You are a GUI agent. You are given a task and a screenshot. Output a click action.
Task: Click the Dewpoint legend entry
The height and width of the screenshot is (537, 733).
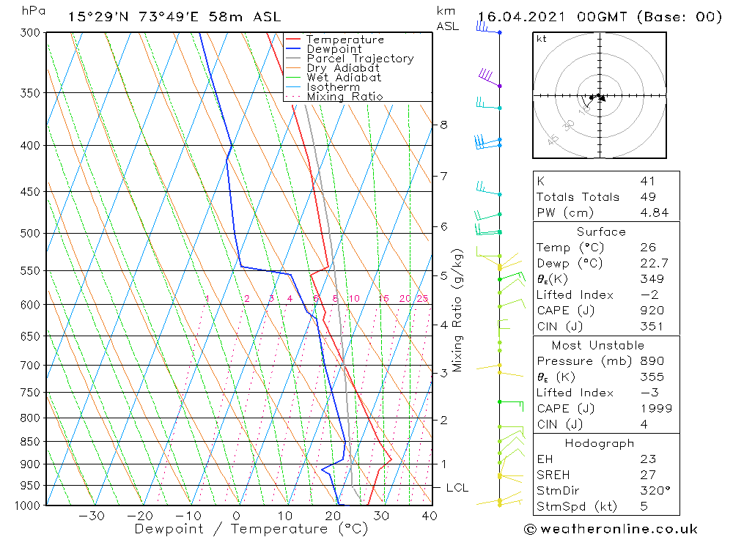click(334, 49)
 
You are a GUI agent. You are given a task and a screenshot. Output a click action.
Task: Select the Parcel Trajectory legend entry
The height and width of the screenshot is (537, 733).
click(360, 59)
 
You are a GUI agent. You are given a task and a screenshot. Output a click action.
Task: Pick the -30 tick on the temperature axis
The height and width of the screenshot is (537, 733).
click(91, 516)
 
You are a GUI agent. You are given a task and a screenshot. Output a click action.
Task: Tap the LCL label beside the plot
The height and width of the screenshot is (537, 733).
click(457, 488)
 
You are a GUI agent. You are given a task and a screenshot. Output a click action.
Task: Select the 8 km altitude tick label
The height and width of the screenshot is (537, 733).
click(443, 125)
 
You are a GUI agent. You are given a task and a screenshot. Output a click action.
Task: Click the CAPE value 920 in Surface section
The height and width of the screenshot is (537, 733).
click(648, 311)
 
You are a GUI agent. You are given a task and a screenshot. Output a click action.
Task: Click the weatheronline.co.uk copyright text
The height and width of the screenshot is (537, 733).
click(611, 528)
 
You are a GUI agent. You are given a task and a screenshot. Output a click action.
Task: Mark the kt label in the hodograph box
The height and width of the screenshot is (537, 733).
click(542, 40)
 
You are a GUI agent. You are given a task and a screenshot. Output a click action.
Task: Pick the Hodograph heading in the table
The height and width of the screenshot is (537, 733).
click(600, 443)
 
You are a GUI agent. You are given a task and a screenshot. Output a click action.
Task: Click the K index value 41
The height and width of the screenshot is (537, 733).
click(647, 181)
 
